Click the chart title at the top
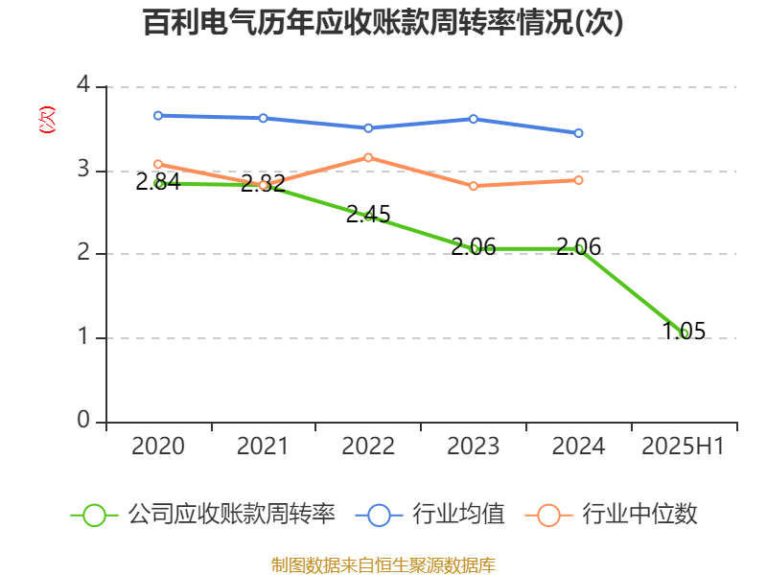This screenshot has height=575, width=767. point(383,23)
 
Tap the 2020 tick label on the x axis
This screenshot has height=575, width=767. point(157,447)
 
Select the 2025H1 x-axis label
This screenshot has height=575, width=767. point(684,447)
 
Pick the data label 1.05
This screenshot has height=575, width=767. point(684,332)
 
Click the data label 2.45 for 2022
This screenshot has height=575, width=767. point(368,215)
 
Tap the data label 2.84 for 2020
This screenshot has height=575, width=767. point(157,182)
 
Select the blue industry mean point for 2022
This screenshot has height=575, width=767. point(368,127)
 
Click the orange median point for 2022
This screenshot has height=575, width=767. point(368,157)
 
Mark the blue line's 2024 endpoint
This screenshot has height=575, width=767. point(578,133)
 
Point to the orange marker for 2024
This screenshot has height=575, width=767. point(578,180)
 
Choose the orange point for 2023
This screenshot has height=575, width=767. point(474,186)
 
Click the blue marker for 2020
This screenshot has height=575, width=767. point(157,115)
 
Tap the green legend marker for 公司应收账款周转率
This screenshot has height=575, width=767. point(94,515)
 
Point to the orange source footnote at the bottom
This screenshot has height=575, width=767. point(383,564)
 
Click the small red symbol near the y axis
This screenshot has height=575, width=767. point(46,121)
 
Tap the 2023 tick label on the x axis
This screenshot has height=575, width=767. point(474,447)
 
